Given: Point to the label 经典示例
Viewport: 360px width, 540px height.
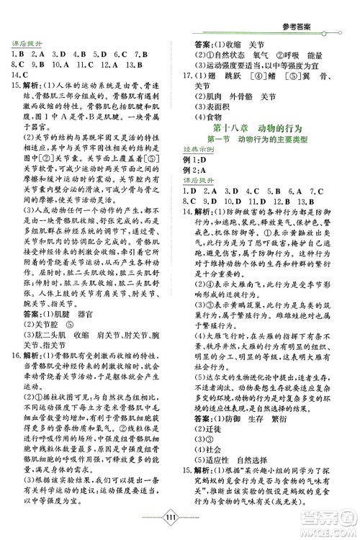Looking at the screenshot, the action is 205,153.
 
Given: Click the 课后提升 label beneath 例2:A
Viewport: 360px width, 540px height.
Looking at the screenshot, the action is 205,189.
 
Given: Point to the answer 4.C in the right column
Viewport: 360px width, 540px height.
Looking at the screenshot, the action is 252,201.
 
